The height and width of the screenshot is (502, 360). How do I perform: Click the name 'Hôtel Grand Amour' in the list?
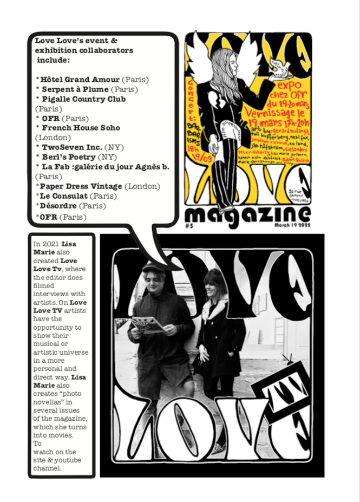click(80, 80)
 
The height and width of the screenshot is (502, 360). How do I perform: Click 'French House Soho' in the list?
click(81, 128)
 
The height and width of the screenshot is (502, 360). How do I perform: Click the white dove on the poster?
click(282, 69)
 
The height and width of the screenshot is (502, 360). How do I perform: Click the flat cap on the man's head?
click(154, 268)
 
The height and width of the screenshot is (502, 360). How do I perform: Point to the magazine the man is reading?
click(147, 324)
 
